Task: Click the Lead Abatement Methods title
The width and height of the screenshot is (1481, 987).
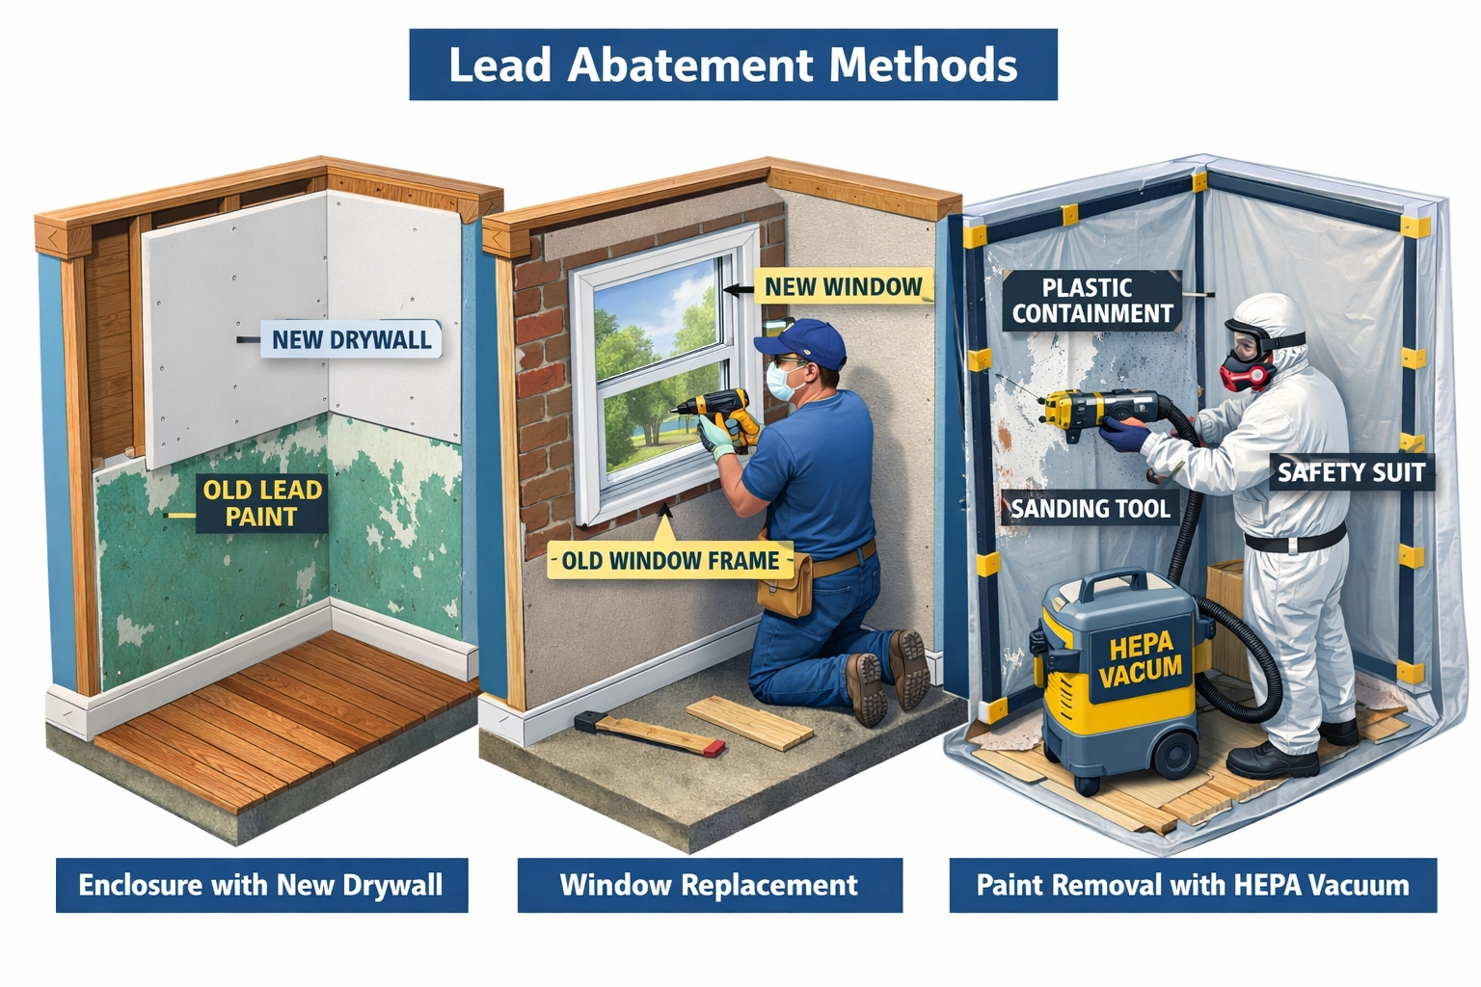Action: click(x=733, y=65)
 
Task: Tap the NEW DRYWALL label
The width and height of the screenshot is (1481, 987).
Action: click(x=351, y=339)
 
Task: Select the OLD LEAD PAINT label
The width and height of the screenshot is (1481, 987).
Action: click(x=261, y=503)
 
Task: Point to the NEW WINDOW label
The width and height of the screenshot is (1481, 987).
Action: click(x=843, y=286)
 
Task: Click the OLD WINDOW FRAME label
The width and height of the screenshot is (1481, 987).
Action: click(x=670, y=560)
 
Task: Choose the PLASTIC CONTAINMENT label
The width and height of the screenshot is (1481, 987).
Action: click(x=1091, y=301)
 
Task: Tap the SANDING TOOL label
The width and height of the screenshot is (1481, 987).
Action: click(x=1090, y=508)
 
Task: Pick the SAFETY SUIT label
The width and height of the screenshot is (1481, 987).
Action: click(x=1350, y=472)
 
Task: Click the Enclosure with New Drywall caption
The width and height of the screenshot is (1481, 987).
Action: click(x=261, y=885)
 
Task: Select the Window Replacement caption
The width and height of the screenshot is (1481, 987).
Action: click(x=710, y=885)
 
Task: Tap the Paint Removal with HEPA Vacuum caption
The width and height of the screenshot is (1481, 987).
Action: click(x=1193, y=885)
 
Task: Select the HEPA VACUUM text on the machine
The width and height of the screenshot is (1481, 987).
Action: click(x=1140, y=658)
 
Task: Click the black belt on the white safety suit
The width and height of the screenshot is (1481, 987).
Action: click(x=1292, y=540)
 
